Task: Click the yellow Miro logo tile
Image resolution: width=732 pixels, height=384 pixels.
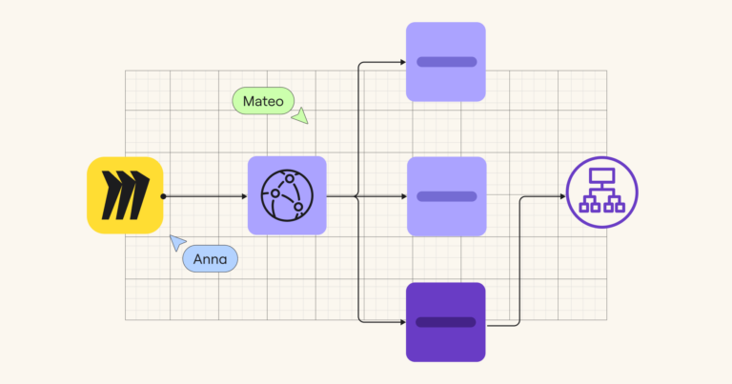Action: point(125,195)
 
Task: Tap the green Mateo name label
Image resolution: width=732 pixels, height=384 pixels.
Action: point(263,101)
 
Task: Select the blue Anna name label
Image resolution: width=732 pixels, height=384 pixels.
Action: point(210,258)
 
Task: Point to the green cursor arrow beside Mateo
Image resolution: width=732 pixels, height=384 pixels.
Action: point(300,116)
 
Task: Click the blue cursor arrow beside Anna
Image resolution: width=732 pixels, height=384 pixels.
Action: point(176,242)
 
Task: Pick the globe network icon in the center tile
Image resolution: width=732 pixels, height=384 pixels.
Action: point(287,195)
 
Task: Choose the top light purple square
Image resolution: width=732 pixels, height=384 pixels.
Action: point(446,62)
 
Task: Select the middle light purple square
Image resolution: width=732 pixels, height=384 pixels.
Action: point(447,196)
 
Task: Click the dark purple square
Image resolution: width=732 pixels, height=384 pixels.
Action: point(446,322)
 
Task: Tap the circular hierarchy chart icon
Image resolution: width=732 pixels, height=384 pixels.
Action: point(601,192)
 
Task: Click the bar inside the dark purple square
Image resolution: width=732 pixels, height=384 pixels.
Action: point(446,322)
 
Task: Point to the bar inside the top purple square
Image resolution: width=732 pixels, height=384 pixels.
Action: point(447,62)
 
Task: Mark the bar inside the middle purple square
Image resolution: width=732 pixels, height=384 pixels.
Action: point(447,196)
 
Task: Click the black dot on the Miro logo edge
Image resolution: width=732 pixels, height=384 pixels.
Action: point(163,196)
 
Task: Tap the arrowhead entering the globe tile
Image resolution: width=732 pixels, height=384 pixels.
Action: point(245,196)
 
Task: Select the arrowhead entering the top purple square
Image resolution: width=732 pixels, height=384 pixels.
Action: point(403,62)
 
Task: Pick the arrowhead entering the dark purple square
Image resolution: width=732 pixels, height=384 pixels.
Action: point(403,322)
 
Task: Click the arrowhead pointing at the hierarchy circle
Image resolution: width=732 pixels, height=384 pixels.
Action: point(563,196)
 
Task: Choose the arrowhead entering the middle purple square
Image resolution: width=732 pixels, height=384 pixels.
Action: point(404,196)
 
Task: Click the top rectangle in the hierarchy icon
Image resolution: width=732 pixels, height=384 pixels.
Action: point(601,176)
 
